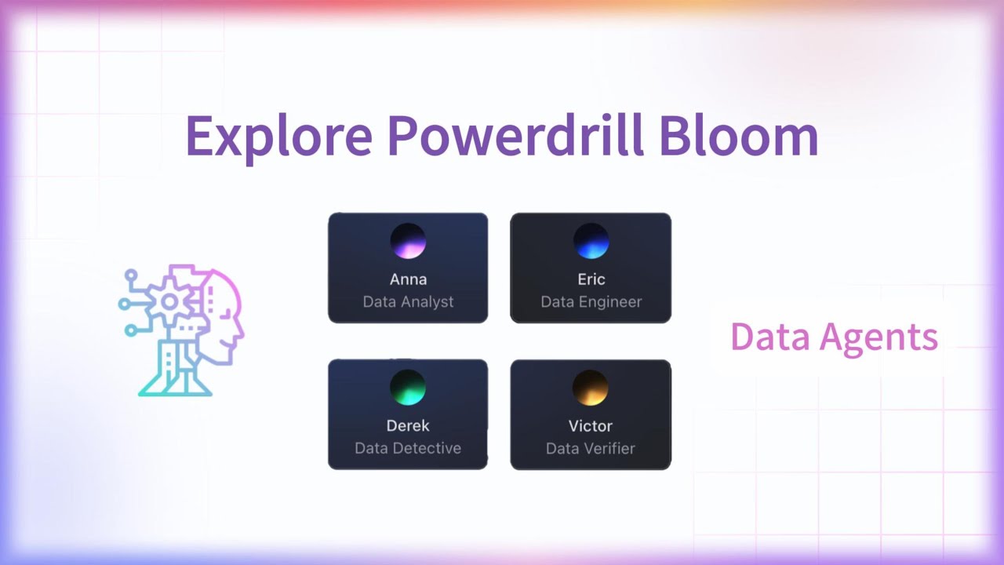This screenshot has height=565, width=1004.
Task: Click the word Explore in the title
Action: pyautogui.click(x=278, y=135)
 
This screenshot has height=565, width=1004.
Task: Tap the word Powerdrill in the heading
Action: pyautogui.click(x=515, y=135)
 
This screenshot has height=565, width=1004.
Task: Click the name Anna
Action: pyautogui.click(x=408, y=279)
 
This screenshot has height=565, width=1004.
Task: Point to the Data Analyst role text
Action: pyautogui.click(x=408, y=301)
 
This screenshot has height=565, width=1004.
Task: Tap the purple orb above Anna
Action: pyautogui.click(x=408, y=241)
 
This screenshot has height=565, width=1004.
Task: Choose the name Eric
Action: pyautogui.click(x=591, y=279)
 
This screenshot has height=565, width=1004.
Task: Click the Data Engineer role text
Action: pyautogui.click(x=591, y=301)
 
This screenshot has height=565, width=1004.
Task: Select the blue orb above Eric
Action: pyautogui.click(x=591, y=241)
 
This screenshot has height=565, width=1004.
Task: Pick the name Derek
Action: pyautogui.click(x=408, y=425)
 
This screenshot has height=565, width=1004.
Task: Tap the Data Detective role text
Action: pyautogui.click(x=408, y=448)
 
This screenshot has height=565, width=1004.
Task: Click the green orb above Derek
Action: pyautogui.click(x=408, y=388)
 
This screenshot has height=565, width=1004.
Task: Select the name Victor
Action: pyautogui.click(x=591, y=425)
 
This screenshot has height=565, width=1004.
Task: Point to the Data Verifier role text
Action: pyautogui.click(x=591, y=448)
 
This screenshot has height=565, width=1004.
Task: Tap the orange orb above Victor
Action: pyautogui.click(x=591, y=388)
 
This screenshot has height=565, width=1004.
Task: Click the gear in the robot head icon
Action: pyautogui.click(x=169, y=302)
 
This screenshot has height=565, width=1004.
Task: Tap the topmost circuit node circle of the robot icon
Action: pyautogui.click(x=131, y=275)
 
